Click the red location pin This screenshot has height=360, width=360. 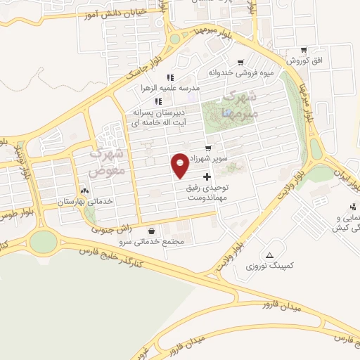pyautogui.click(x=181, y=165)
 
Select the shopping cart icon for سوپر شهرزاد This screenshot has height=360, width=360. pyautogui.click(x=208, y=148)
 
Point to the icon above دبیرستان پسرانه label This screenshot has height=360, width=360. pyautogui.click(x=167, y=102)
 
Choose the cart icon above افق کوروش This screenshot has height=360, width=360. pyautogui.click(x=303, y=51)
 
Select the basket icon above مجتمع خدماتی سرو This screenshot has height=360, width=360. pyautogui.click(x=152, y=231)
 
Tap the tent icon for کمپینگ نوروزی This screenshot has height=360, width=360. pyautogui.click(x=270, y=255)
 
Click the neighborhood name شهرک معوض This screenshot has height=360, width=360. pyautogui.click(x=108, y=162)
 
